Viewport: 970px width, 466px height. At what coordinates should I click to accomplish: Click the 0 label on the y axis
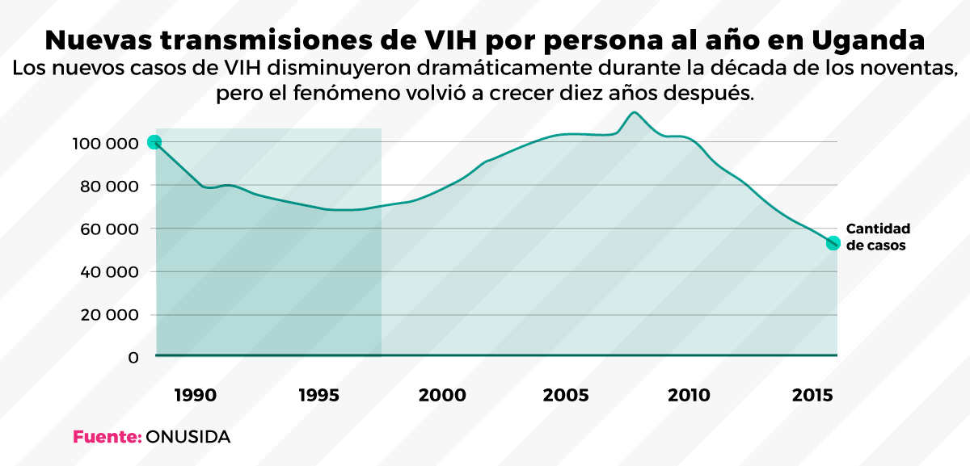point(133,357)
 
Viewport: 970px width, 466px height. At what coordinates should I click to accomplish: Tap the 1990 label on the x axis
point(194,396)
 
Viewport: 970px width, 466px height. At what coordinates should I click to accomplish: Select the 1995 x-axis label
point(319,396)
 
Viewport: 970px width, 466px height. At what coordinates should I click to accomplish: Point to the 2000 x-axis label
point(443,396)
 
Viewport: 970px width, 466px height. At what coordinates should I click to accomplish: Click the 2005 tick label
point(566,396)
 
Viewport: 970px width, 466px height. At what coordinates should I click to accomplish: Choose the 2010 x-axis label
point(689,396)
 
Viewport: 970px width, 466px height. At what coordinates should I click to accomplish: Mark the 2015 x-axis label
point(813,396)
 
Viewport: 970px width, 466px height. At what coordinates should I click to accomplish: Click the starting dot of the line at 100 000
point(154,142)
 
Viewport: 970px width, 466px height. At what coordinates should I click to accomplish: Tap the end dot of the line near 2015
point(833,243)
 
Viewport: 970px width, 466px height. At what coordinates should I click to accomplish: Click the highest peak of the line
point(635,112)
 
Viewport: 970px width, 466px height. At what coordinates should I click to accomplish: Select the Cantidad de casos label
point(878,237)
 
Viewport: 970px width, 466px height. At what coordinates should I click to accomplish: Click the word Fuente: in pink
point(108,437)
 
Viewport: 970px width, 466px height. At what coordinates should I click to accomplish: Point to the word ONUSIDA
point(188,437)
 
